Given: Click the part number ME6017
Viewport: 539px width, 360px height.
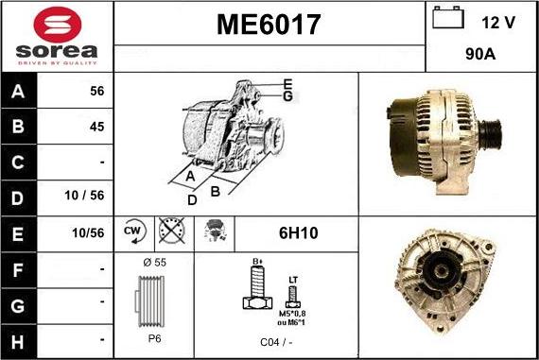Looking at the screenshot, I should tap(269, 24).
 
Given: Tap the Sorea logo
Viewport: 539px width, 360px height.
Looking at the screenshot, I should tap(57, 36).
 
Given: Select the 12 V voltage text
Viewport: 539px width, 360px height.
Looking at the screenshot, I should tap(497, 21).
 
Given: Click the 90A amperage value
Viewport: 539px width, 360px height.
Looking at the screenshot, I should tap(482, 55).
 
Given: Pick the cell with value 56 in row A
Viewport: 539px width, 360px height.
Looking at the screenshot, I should tap(96, 92).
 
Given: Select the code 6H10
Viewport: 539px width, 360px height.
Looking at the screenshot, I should tap(296, 232).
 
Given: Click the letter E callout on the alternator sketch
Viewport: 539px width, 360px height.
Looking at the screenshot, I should tap(287, 82).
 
